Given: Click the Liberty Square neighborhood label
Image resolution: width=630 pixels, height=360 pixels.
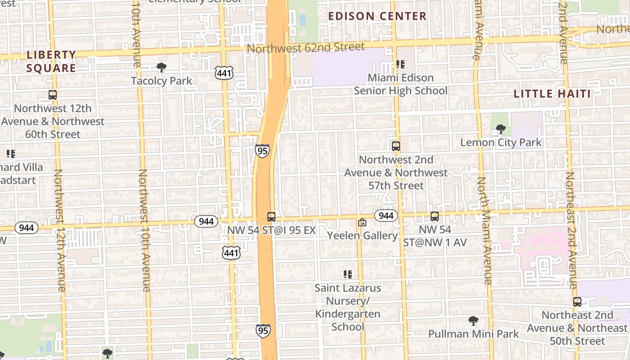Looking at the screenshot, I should [51, 61].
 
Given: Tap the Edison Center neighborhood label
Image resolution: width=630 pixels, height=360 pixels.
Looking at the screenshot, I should [377, 16].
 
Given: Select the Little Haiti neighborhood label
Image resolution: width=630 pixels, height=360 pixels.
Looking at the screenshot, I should [552, 94].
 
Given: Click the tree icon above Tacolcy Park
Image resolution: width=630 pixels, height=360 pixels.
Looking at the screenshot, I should [161, 67].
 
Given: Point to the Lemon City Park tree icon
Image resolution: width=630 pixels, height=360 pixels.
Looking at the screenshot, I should [500, 129].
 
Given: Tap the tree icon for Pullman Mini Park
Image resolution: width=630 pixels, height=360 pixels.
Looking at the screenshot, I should [473, 321].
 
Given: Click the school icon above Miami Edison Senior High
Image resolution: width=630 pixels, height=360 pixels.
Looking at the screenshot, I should [400, 64].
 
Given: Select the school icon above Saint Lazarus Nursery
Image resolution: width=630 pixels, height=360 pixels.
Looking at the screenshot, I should [347, 274].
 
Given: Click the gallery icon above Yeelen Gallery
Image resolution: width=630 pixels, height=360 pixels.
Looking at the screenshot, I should [362, 222].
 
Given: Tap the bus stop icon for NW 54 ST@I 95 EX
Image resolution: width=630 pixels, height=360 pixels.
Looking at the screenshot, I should [271, 217].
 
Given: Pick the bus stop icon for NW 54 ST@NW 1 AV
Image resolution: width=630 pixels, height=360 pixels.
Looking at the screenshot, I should [434, 216].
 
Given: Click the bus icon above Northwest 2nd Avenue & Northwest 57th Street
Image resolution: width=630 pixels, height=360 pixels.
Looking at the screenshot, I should [396, 146].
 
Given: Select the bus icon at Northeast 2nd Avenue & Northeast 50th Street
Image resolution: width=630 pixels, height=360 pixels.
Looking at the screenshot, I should [577, 302].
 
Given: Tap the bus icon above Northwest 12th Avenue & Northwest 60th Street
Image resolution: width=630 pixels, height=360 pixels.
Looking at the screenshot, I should [53, 95].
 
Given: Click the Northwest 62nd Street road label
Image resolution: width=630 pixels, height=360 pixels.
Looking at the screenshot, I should [306, 47].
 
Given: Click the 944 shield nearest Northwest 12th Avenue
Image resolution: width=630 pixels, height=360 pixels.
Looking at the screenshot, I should [27, 228].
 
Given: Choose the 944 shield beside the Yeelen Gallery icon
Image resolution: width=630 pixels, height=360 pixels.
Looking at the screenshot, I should [386, 216].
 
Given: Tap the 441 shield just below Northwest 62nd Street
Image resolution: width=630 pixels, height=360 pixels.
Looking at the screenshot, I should [224, 73].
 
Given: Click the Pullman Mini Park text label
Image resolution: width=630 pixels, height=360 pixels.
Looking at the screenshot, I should [473, 334].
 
